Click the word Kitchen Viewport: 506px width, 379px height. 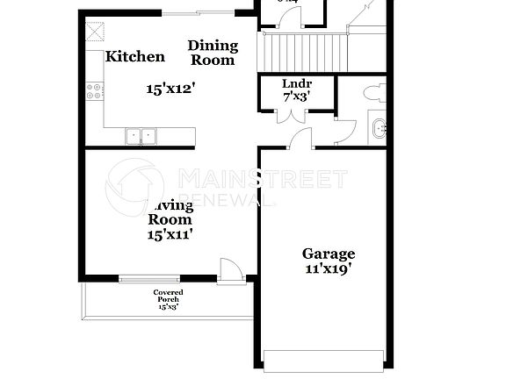(x=135, y=57)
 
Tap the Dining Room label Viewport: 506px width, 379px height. (x=213, y=54)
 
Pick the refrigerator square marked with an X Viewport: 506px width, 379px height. (x=92, y=32)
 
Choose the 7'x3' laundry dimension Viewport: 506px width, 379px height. (x=295, y=98)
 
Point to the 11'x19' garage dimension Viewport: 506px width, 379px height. (x=329, y=270)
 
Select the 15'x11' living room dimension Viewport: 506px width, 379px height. (x=170, y=234)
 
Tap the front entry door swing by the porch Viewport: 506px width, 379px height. (x=228, y=268)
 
